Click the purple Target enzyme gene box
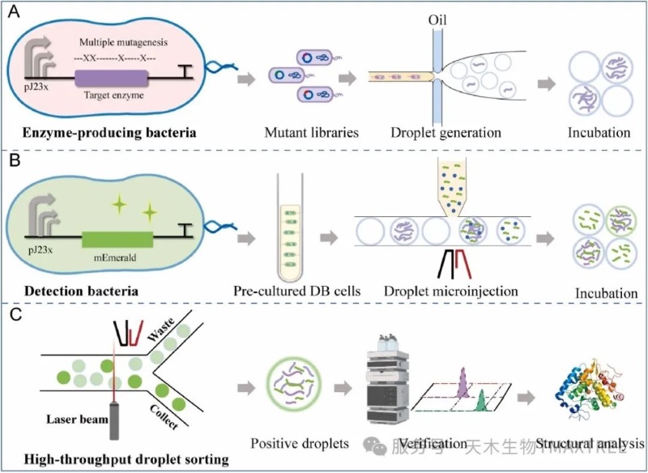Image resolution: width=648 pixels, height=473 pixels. [112, 79]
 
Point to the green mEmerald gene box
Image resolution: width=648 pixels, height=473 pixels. [117, 239]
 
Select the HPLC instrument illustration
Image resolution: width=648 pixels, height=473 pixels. [384, 381]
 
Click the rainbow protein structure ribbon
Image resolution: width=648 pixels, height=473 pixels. [589, 386]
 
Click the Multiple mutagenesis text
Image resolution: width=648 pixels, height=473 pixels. [122, 40]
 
